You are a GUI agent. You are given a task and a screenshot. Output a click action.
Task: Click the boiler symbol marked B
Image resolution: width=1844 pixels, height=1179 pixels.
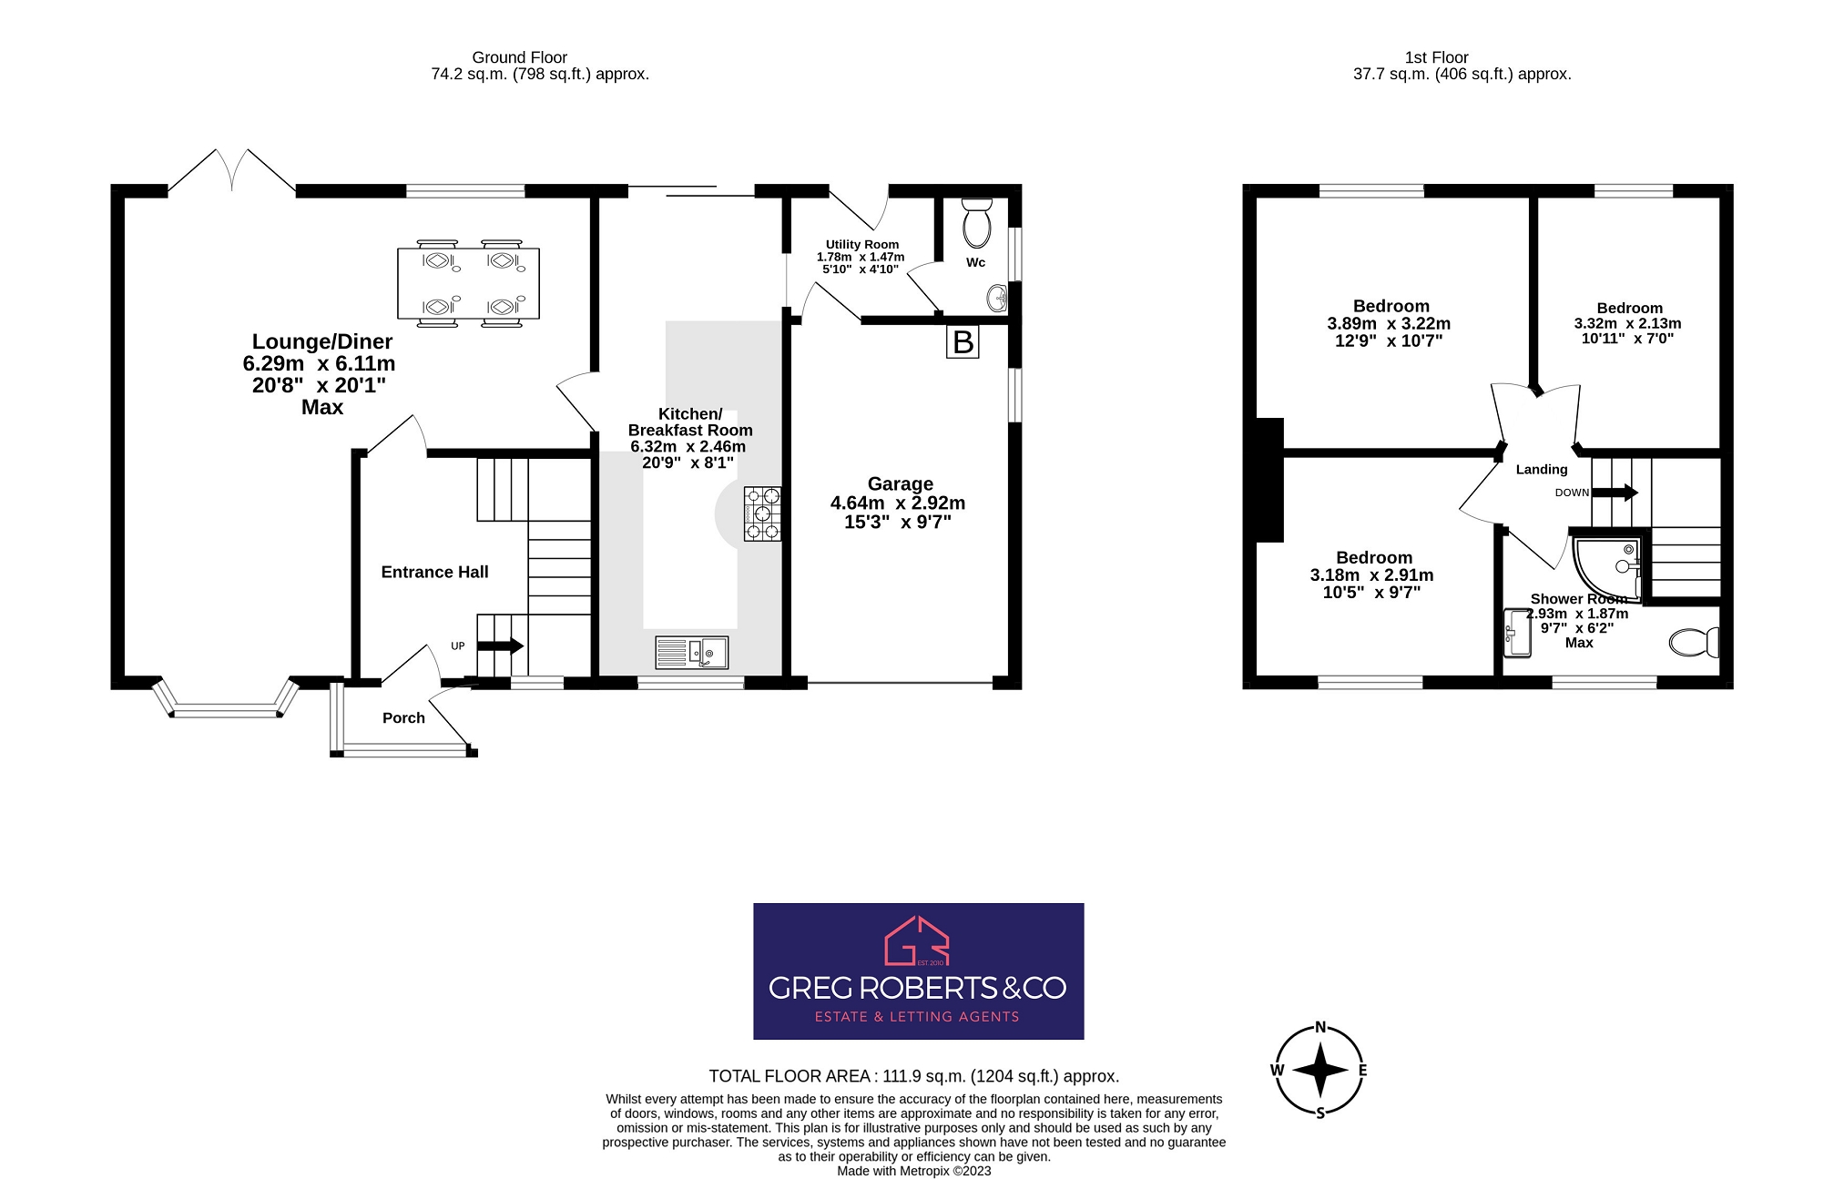963,342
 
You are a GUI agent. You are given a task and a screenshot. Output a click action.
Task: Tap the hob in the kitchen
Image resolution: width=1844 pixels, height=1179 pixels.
762,514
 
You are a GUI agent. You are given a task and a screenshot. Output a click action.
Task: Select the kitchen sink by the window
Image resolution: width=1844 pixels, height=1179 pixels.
691,652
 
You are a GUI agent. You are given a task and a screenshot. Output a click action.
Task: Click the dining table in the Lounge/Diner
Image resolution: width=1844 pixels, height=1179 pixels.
468,283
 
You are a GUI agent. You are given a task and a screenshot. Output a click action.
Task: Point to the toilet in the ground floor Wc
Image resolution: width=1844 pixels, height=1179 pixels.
976,223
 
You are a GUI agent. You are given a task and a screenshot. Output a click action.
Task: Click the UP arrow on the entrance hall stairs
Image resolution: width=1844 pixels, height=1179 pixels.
500,645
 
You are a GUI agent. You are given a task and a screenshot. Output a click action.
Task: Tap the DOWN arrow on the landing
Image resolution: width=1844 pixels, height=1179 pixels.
1614,493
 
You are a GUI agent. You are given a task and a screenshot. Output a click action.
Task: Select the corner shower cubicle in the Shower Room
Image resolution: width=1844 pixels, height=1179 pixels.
1606,567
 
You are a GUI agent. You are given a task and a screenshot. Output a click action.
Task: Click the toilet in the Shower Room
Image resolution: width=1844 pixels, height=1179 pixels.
1694,642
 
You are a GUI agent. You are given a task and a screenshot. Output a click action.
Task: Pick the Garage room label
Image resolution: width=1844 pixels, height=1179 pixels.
900,483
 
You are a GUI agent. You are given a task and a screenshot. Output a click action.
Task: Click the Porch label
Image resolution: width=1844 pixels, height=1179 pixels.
403,717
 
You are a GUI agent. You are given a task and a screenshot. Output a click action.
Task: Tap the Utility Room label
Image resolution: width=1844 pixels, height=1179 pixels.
861,244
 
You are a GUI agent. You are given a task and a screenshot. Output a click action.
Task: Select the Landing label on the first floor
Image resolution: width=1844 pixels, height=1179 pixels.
1541,469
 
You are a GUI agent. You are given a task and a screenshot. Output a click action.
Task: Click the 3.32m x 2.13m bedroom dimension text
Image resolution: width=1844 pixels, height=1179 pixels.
1627,323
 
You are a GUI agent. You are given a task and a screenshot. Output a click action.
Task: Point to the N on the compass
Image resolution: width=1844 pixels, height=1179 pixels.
1320,1027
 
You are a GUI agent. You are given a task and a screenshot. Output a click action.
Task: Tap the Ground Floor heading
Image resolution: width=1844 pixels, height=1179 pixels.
519,57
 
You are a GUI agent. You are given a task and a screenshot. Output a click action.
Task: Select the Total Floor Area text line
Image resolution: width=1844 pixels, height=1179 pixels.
913,1076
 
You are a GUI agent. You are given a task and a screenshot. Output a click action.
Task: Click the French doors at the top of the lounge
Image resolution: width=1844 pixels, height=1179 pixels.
232,172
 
